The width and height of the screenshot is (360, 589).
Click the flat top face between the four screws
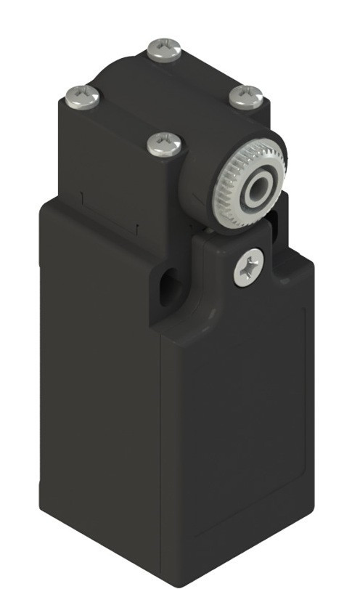tap(163, 94)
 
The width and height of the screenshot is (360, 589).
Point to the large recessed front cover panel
tap(236, 436)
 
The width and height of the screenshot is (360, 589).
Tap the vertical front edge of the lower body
tap(159, 450)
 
